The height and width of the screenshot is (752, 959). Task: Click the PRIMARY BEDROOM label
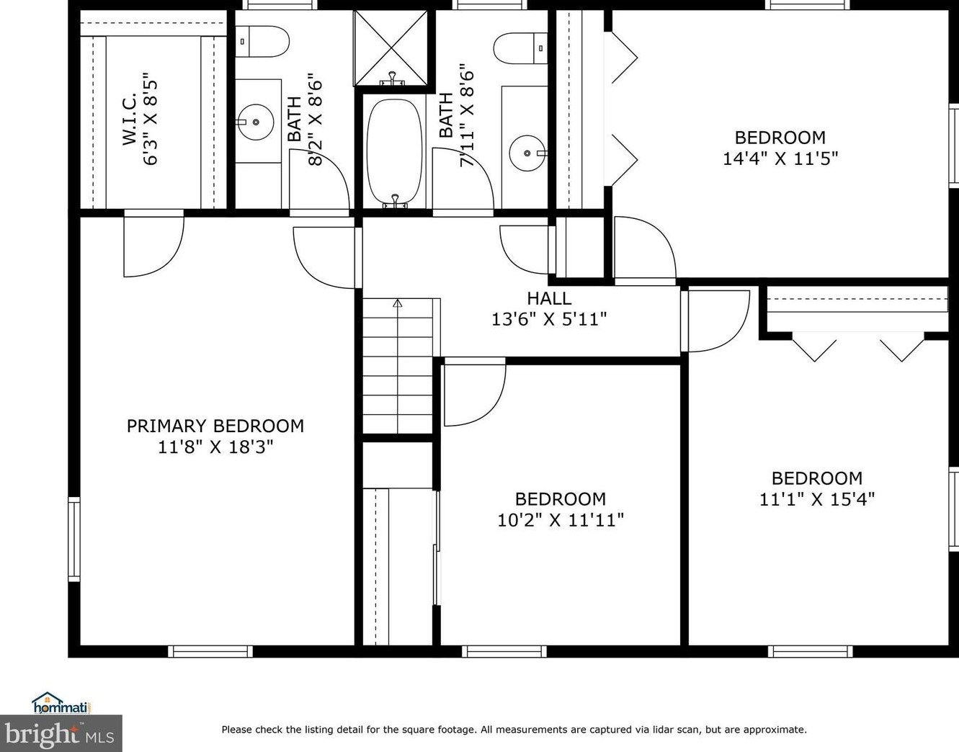coord(215,426)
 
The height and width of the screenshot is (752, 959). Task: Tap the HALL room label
coord(549,298)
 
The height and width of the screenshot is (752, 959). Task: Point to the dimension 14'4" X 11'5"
coord(780,158)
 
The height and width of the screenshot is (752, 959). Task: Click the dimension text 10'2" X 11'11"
coord(560,520)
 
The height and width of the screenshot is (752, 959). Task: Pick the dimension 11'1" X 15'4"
coord(816,499)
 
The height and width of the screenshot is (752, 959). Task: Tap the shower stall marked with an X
coord(391,48)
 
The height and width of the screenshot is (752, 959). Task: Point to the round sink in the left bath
coord(255,122)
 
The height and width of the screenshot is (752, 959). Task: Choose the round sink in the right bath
coord(527,153)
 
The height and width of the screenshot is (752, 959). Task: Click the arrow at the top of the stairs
coord(397,303)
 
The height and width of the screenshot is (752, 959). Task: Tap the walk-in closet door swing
coord(153,245)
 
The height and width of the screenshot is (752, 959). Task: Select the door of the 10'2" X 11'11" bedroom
coord(473,395)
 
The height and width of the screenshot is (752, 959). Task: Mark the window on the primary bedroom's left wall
coord(73,538)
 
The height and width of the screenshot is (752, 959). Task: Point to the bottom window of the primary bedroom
coord(210,651)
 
